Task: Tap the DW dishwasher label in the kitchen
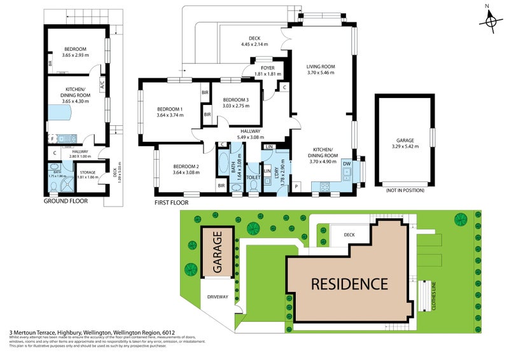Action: tap(347, 163)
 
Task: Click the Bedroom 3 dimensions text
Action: tap(227, 106)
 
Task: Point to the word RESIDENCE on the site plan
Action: tap(349, 284)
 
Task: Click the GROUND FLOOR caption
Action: tap(66, 201)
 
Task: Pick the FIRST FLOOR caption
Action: tap(172, 203)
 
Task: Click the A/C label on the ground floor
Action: tap(102, 84)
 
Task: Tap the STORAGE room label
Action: tap(87, 172)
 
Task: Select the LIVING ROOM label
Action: tap(320, 67)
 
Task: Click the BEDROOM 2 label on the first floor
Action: tap(186, 167)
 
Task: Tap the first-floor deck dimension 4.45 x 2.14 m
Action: tap(254, 44)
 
